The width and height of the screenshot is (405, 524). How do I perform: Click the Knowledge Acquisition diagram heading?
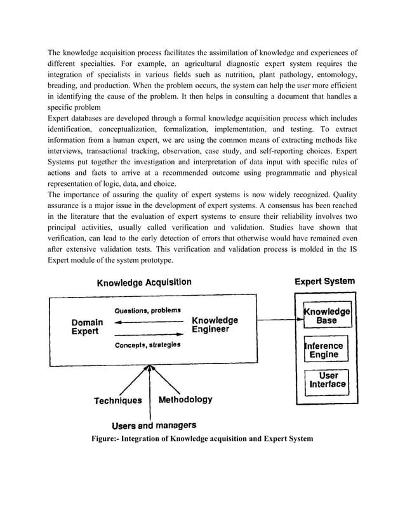click(x=143, y=282)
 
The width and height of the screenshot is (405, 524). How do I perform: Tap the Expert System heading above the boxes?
click(x=325, y=281)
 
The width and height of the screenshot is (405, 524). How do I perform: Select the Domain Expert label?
click(x=87, y=327)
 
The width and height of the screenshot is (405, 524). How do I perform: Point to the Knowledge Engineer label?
click(x=215, y=325)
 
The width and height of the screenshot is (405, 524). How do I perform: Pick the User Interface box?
click(x=328, y=379)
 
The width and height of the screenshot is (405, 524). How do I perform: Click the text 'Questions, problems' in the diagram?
click(x=147, y=310)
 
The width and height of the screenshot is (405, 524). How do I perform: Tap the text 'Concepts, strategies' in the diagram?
click(x=147, y=344)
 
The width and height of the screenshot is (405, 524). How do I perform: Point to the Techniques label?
click(x=118, y=400)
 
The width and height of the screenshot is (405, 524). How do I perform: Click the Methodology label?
click(x=185, y=400)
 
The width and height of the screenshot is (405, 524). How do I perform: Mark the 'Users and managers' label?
click(x=154, y=425)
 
